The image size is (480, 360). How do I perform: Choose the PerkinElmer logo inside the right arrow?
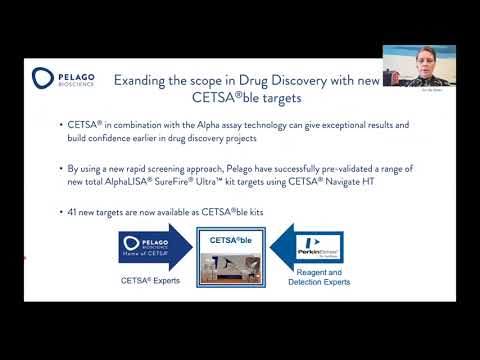coord(322,246)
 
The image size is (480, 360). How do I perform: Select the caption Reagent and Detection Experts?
coord(320,278)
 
